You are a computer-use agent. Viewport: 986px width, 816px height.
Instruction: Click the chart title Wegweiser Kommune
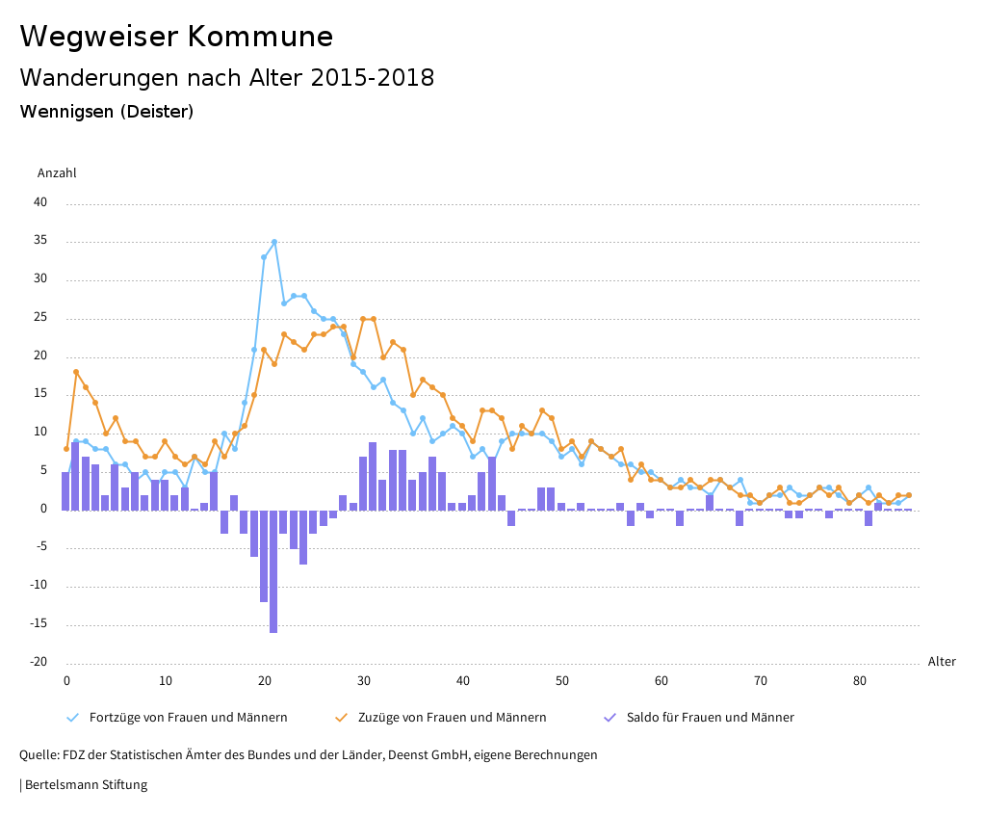(x=176, y=37)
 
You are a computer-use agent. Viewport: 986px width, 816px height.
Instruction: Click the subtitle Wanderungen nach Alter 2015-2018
(x=226, y=78)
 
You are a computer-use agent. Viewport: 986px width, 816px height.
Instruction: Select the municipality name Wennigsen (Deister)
(x=106, y=112)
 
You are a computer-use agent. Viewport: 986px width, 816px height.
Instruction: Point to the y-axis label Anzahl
(x=57, y=173)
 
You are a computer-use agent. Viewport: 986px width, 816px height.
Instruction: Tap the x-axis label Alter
(x=942, y=662)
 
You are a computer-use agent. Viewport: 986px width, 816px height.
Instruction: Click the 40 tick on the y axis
(x=40, y=203)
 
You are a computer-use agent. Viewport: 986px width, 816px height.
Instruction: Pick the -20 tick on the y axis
(x=39, y=662)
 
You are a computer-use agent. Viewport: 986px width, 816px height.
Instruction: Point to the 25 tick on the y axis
(x=40, y=318)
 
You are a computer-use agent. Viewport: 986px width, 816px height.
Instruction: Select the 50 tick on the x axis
(x=561, y=681)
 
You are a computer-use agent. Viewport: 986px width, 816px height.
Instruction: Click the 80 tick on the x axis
(x=859, y=681)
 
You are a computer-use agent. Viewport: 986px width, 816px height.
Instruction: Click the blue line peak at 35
(x=274, y=242)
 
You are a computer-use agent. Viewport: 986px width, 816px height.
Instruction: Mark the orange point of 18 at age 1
(x=76, y=372)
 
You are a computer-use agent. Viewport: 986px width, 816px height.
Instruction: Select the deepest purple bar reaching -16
(x=273, y=570)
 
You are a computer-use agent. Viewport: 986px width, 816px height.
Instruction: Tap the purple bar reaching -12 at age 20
(x=264, y=555)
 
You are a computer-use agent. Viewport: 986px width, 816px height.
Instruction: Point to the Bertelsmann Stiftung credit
(x=86, y=785)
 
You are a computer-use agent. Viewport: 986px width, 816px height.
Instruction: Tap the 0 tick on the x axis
(x=66, y=681)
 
